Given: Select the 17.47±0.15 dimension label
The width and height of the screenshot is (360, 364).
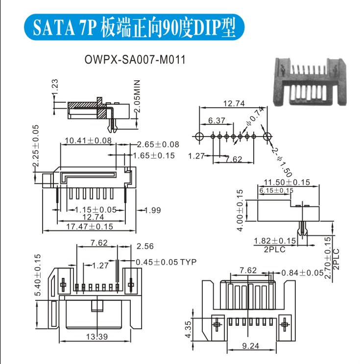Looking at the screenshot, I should pyautogui.click(x=90, y=227).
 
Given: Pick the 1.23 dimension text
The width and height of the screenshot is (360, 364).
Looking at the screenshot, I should pyautogui.click(x=55, y=88).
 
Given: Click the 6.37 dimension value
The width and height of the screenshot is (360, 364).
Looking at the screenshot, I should pyautogui.click(x=216, y=120).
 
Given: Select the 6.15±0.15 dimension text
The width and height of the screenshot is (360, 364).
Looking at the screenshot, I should pyautogui.click(x=276, y=190).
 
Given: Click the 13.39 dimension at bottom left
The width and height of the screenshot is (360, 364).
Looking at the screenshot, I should pyautogui.click(x=97, y=337).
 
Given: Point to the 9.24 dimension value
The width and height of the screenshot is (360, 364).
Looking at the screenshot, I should pyautogui.click(x=251, y=346).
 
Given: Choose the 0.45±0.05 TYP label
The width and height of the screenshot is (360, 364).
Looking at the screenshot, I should pyautogui.click(x=166, y=262).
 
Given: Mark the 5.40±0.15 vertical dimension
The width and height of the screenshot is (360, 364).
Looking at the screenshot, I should pyautogui.click(x=38, y=274).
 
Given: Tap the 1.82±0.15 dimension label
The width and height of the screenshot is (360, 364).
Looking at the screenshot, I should pyautogui.click(x=275, y=241).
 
